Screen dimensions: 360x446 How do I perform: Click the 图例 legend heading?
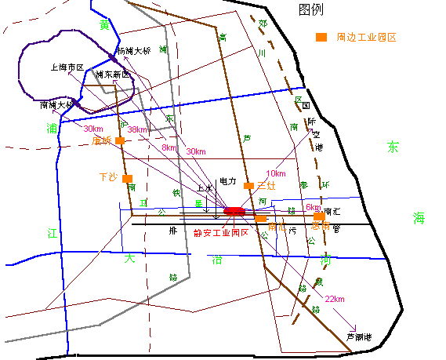point(311,9)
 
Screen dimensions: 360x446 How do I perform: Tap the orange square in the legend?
point(321,37)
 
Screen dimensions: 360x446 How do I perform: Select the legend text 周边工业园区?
point(367,37)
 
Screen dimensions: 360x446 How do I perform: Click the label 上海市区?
point(66,67)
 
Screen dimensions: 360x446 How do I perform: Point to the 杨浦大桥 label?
point(132,50)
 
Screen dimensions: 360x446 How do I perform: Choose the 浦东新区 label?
point(113,75)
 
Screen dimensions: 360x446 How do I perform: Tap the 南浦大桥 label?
point(57,104)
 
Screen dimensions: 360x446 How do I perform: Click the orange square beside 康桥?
point(120,140)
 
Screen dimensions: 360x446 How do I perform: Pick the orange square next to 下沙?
point(127,179)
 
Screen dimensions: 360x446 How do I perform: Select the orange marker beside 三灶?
point(249,187)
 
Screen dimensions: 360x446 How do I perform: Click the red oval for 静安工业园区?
point(234,210)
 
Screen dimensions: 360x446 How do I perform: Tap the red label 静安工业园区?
point(220,232)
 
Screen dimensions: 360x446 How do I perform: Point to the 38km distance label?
point(137,129)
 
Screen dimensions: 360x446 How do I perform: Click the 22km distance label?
point(335,300)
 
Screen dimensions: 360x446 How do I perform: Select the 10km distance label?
point(275,173)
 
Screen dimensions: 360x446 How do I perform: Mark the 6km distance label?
point(313,207)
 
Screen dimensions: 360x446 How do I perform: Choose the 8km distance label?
point(169,147)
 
